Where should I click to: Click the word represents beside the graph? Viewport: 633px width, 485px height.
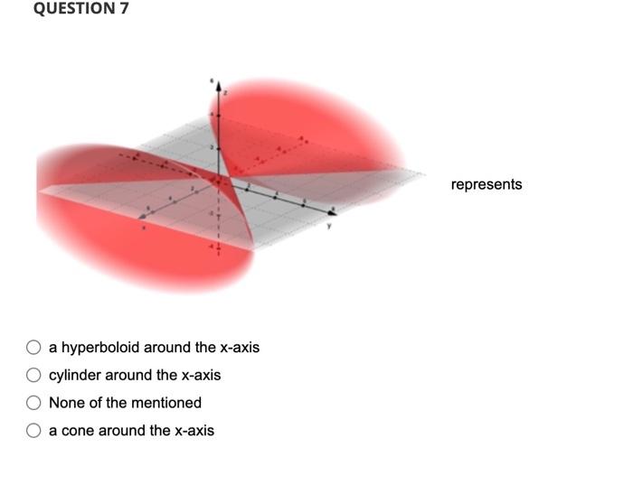point(486,184)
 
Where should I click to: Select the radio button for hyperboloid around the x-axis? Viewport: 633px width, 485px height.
point(33,348)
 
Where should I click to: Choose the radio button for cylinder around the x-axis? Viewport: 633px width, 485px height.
point(33,375)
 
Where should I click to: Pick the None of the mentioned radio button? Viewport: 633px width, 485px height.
point(33,403)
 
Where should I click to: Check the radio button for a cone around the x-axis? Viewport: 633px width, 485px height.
point(33,431)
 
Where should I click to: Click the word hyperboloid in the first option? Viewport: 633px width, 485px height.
point(100,348)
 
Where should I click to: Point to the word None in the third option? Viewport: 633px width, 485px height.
point(65,403)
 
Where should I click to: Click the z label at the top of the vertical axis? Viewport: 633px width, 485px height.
point(226,92)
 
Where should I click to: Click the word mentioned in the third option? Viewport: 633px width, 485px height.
point(165,403)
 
